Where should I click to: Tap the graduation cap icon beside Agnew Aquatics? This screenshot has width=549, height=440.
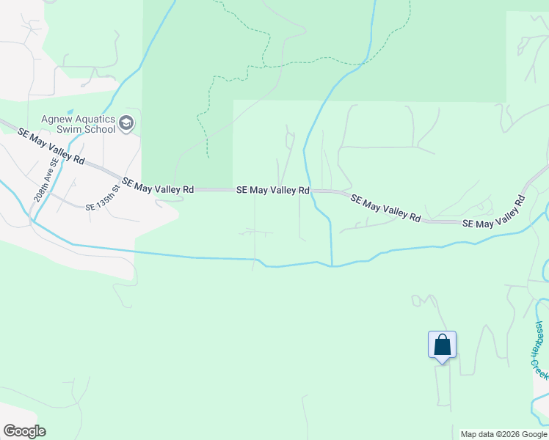(126, 123)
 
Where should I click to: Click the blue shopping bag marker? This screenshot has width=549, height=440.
(442, 345)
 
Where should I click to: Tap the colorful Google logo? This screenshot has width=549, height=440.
(24, 431)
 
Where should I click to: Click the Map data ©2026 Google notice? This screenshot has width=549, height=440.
(503, 434)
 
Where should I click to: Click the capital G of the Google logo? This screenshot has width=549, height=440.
(10, 431)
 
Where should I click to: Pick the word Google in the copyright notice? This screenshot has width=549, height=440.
(533, 434)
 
